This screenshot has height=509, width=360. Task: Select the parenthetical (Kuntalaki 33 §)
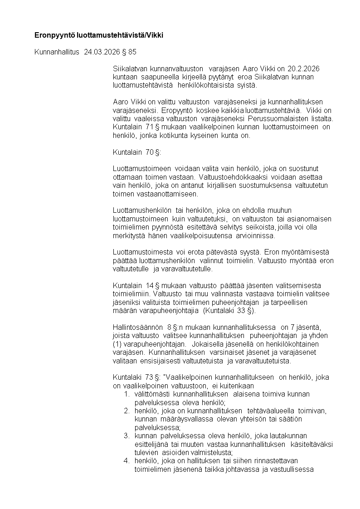pyautogui.click(x=229, y=311)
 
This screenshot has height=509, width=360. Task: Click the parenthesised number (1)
pyautogui.click(x=118, y=344)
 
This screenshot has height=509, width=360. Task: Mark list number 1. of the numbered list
pyautogui.click(x=127, y=394)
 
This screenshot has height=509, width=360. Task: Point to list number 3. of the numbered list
pyautogui.click(x=127, y=436)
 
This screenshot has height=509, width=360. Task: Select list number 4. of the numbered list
pyautogui.click(x=127, y=461)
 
